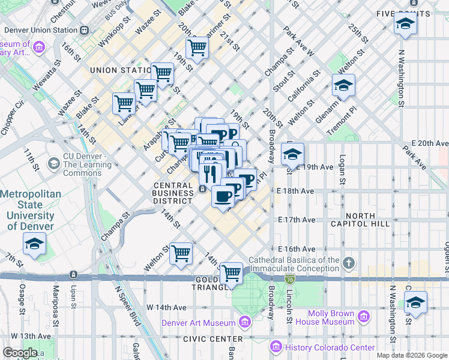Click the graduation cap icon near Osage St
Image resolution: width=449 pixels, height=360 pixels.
click(x=34, y=244)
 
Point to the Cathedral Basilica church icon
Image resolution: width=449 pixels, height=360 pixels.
click(x=349, y=263)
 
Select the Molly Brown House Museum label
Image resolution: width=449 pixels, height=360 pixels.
click(x=332, y=317)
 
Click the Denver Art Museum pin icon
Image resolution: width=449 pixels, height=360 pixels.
click(x=244, y=323)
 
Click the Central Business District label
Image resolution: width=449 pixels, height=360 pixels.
click(x=173, y=193)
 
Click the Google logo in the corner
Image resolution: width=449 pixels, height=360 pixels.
click(x=19, y=352)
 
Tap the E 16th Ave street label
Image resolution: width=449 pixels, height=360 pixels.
click(x=296, y=249)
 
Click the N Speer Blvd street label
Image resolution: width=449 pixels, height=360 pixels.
click(x=127, y=312)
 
